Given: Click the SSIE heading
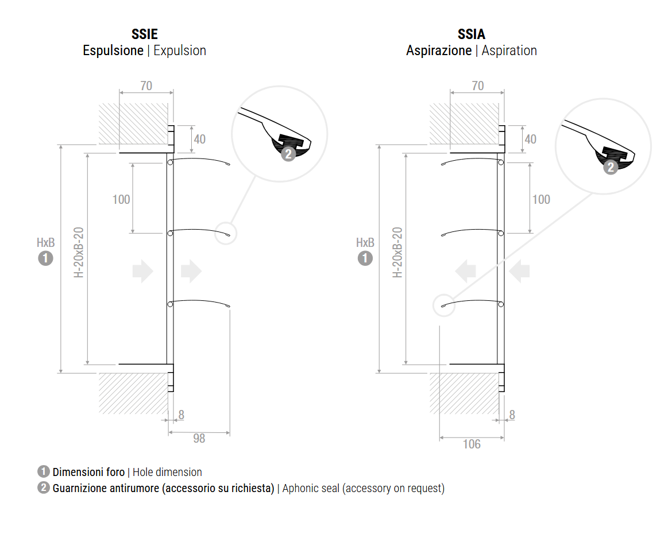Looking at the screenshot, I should coord(144,35).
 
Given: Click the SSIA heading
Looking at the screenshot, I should coord(472,35).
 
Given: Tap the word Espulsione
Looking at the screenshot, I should coord(113,51).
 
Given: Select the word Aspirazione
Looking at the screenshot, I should coord(439,51).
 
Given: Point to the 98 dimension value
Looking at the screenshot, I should coord(199,439).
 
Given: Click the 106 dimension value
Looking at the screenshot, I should coord(471,444).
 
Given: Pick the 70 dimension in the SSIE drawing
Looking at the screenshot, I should coord(146,86).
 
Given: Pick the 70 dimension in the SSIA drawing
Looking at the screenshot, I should coord(477,86).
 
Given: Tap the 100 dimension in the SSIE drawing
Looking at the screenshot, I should coord(121,199).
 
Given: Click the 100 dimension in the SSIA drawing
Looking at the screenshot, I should coord(541,199).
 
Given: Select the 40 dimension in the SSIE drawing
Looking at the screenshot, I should coord(199,139).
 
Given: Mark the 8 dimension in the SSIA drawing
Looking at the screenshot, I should coord(512,415).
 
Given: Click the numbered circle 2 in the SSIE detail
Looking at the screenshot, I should coord(288,154).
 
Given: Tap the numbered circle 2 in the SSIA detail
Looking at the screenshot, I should coord(611,167).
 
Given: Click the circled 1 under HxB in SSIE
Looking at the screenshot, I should coord(45,258).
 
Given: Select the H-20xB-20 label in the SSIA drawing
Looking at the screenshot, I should coord(397,253).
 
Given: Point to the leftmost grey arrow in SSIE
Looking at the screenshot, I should coord(142,271).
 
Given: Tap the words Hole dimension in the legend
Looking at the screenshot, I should coord(167,472).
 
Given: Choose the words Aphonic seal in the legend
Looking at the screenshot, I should coord(312,489).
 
